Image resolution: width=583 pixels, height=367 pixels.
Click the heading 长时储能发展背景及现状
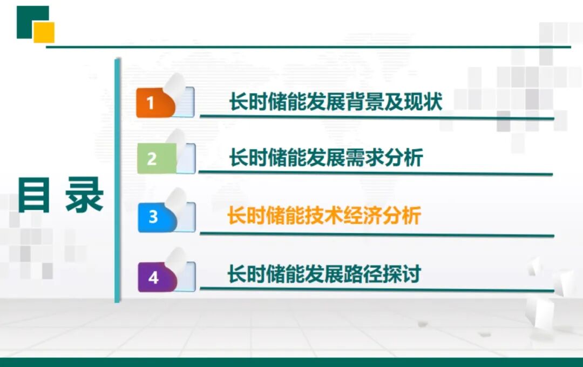point(335,102)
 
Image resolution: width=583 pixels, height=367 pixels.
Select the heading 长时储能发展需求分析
point(326,158)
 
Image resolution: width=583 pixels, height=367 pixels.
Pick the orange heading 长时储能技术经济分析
point(324,216)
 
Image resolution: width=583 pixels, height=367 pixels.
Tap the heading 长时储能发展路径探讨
point(324,274)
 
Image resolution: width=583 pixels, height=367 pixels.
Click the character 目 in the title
point(34,195)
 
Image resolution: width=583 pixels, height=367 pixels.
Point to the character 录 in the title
point(84,195)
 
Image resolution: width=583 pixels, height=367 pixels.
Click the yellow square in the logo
point(44,32)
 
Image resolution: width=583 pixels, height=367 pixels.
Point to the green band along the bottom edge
point(291,362)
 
